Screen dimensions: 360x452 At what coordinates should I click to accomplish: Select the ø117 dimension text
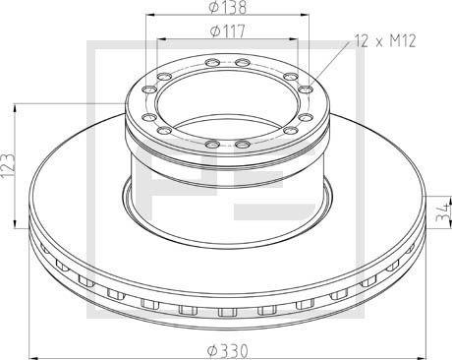[227, 31]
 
